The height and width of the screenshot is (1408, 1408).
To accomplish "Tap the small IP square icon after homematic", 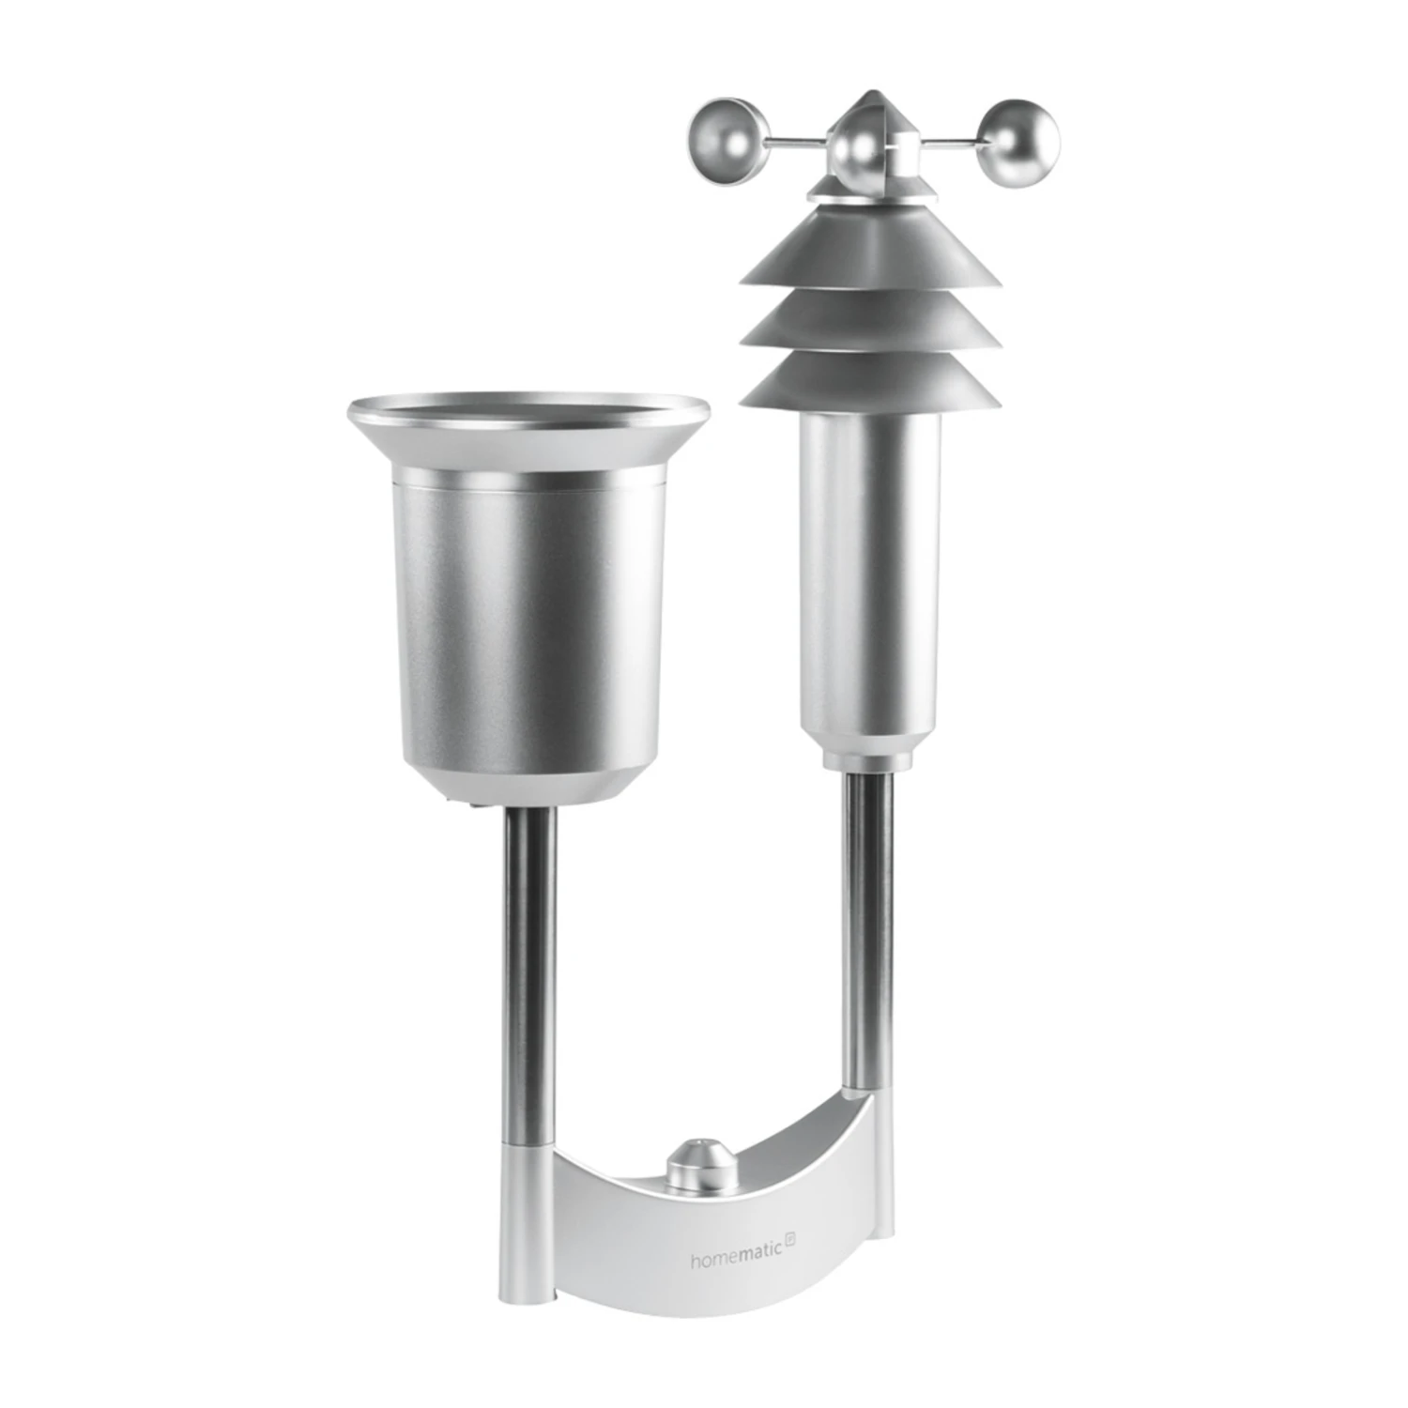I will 790,1254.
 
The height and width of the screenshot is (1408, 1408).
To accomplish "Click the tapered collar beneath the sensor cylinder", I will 869,752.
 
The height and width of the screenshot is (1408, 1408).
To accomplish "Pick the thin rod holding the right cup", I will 953,144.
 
